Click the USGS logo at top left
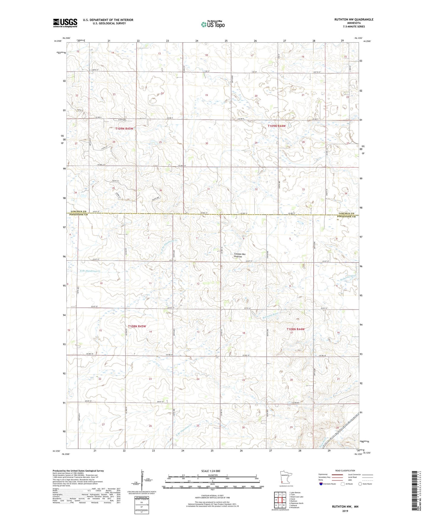(65, 23)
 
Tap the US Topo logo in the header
(213, 24)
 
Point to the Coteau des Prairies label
(240, 255)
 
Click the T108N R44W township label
(295, 329)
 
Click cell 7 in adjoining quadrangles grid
(280, 505)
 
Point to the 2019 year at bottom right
(345, 511)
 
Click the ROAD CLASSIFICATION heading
(345, 471)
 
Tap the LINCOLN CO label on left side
(78, 211)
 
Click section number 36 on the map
(161, 190)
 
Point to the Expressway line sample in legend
(337, 474)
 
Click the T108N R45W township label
(137, 326)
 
